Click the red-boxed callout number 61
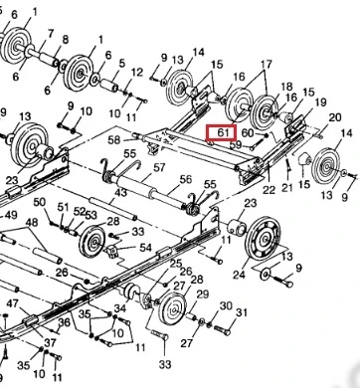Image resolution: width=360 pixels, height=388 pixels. coord(223,132)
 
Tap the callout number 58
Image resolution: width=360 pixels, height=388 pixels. coord(114,140)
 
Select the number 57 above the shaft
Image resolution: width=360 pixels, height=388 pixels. coord(159,168)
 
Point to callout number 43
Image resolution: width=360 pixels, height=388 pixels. coord(120,192)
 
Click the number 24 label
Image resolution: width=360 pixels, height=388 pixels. coord(239,275)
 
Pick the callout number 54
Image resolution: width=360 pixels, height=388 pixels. coord(145,248)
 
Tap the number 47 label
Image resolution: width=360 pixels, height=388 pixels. coord(13,303)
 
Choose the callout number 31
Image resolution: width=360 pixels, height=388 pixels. coord(242,312)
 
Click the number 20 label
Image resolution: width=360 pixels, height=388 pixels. coord(335,117)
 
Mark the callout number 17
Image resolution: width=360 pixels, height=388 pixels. coord(267,64)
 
